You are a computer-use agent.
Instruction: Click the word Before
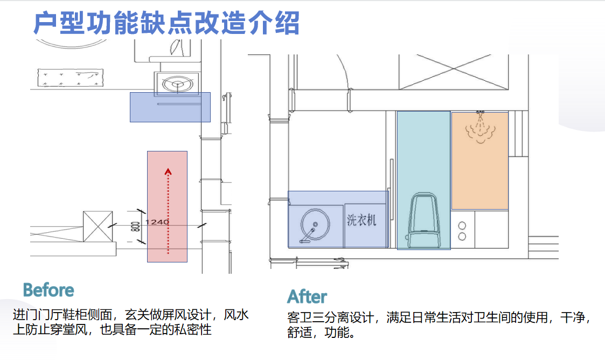click(x=48, y=290)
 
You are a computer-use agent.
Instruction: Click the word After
click(x=307, y=297)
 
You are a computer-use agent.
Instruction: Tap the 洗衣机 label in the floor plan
click(x=361, y=220)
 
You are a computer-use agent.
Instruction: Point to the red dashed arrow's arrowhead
click(x=168, y=172)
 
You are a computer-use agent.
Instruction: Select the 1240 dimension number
click(x=157, y=222)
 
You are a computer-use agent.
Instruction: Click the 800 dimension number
click(x=136, y=226)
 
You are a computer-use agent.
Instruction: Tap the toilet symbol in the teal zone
click(x=423, y=221)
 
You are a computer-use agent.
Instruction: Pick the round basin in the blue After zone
click(x=315, y=225)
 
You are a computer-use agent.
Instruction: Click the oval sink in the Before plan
click(x=177, y=84)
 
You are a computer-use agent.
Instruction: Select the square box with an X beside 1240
click(x=98, y=226)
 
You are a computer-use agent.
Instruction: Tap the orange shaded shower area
click(x=479, y=161)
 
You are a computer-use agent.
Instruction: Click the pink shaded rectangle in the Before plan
click(x=167, y=206)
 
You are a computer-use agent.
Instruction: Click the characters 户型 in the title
click(x=59, y=24)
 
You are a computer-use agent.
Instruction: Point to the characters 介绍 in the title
click(x=274, y=24)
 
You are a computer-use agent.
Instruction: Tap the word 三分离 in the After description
click(x=330, y=317)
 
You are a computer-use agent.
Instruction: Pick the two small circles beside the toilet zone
click(x=462, y=231)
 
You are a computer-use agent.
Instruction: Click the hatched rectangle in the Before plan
click(x=70, y=78)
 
